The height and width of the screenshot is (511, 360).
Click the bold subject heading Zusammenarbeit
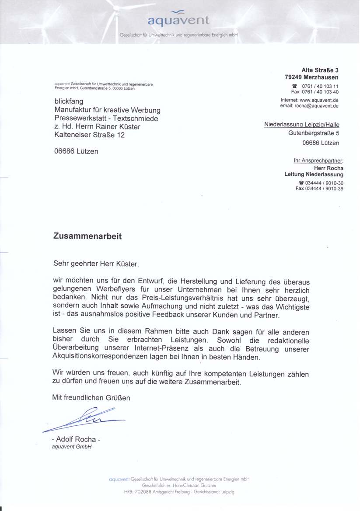87,236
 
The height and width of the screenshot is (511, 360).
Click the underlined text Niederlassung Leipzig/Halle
301,125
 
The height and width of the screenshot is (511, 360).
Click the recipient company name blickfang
69,101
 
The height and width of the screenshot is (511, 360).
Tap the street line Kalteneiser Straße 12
89,136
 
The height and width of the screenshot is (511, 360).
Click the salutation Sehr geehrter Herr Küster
96,264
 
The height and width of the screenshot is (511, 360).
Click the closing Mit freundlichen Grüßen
91,398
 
